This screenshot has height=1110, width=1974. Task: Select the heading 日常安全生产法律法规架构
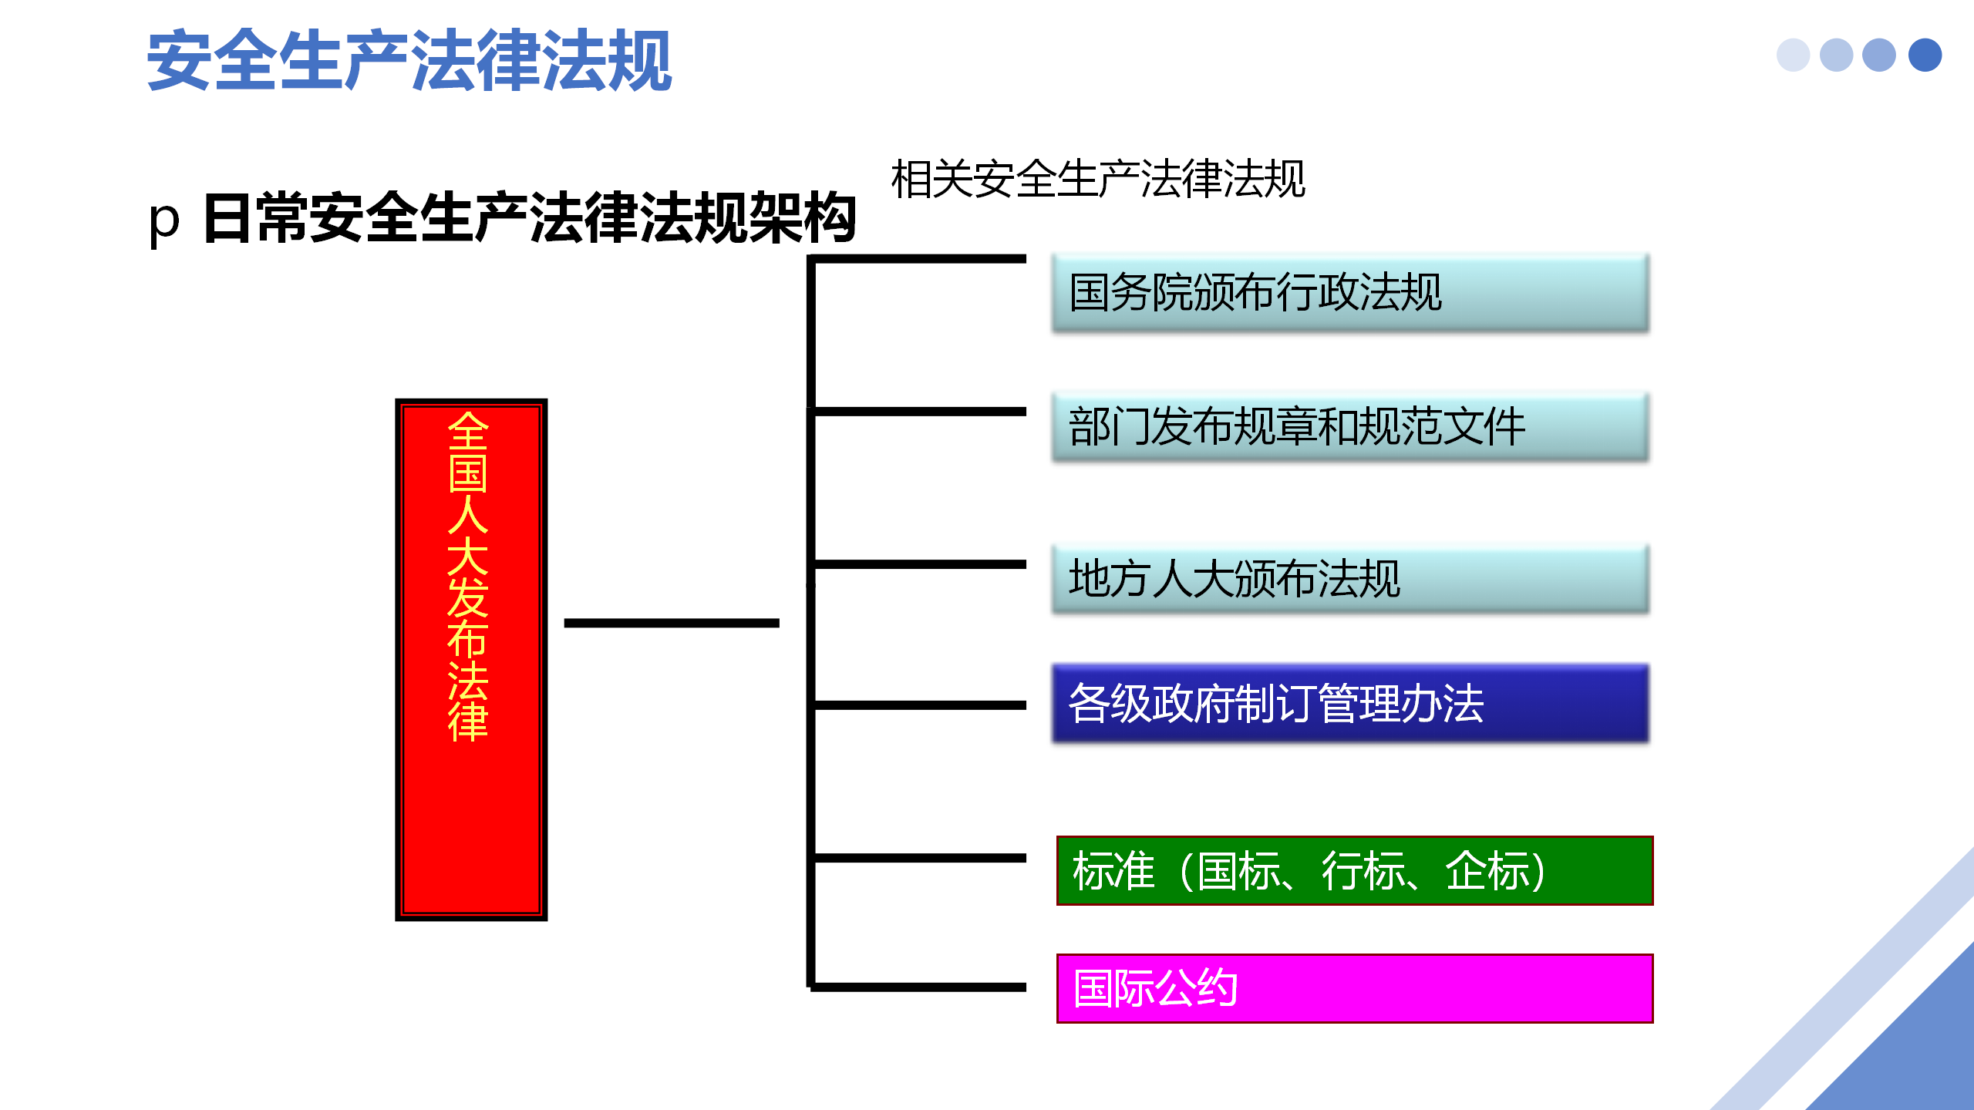pos(529,219)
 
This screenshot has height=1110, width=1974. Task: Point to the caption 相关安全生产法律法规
pos(1097,179)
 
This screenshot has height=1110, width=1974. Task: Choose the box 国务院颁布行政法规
pos(1349,293)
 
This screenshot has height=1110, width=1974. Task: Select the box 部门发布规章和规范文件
pos(1349,426)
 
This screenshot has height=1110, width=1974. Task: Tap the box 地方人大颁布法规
pos(1349,579)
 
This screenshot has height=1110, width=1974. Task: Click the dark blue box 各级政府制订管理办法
pos(1349,703)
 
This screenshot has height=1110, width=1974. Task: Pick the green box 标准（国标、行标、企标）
pos(1354,870)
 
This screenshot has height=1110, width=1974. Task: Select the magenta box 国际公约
pos(1354,988)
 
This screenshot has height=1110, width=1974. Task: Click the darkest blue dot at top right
pos(1925,55)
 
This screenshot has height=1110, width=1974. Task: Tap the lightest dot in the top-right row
pos(1793,55)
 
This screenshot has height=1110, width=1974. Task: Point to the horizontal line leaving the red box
pos(671,623)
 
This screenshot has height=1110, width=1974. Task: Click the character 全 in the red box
pos(468,431)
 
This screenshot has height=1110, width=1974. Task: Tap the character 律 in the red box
pos(468,722)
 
